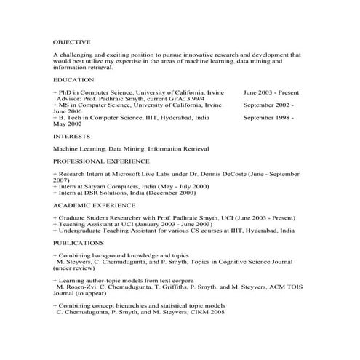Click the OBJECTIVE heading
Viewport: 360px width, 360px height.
click(x=71, y=42)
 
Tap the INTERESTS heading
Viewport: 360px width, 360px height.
click(x=71, y=136)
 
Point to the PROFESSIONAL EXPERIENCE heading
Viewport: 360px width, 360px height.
click(x=101, y=161)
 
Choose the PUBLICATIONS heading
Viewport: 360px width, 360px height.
click(x=78, y=243)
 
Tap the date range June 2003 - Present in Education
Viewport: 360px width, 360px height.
click(x=270, y=93)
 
